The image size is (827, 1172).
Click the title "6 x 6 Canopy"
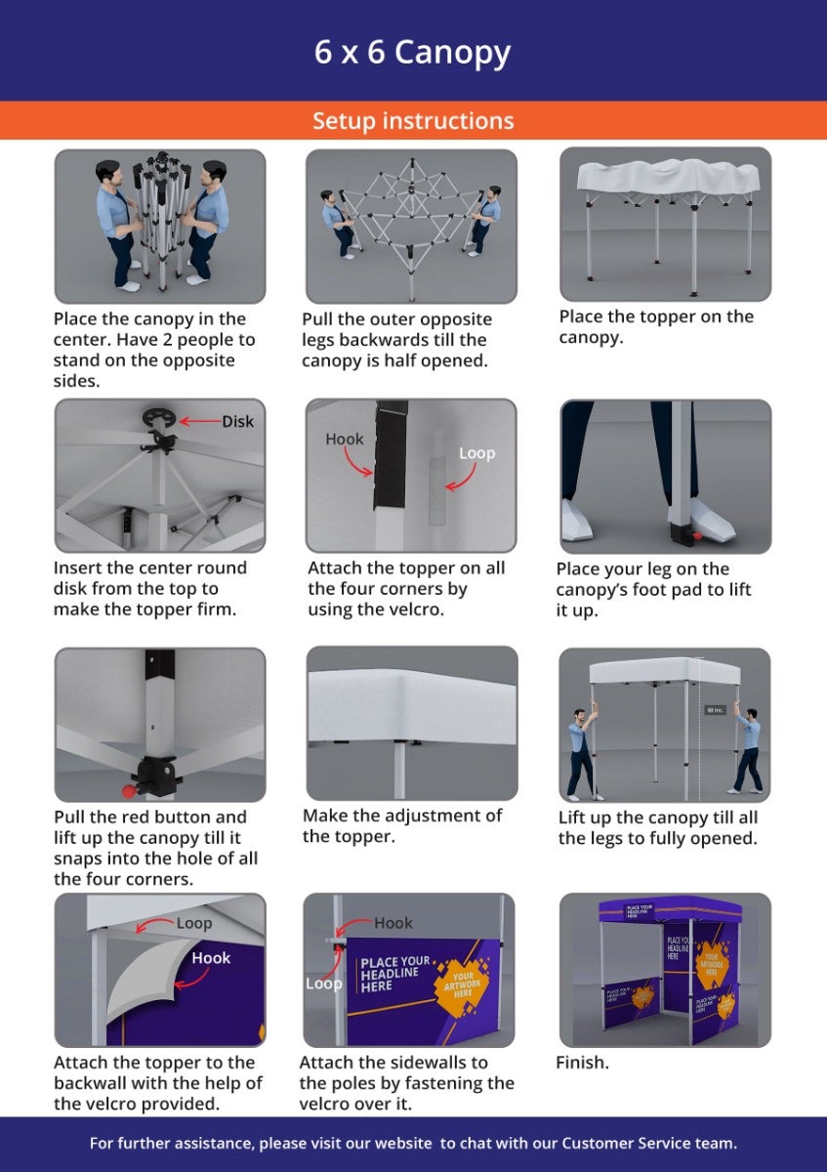412,53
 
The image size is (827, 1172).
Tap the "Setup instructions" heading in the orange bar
413,120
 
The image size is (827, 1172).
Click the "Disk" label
237,421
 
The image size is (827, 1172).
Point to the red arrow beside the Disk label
199,421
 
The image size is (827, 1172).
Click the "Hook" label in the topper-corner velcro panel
345,439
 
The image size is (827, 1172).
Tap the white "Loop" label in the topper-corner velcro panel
476,453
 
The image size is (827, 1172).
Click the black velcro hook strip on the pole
391,454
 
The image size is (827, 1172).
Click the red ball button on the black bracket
129,790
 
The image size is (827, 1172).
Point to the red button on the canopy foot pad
697,535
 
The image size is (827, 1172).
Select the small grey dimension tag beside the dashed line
715,709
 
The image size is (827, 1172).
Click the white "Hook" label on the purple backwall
211,958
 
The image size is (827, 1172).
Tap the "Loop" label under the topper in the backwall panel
194,924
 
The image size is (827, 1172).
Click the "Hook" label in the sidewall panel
393,923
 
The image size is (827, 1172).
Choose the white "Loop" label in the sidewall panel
324,984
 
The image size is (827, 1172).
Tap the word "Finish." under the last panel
582,1063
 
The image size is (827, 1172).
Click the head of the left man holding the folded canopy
110,174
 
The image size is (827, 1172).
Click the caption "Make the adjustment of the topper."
402,825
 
